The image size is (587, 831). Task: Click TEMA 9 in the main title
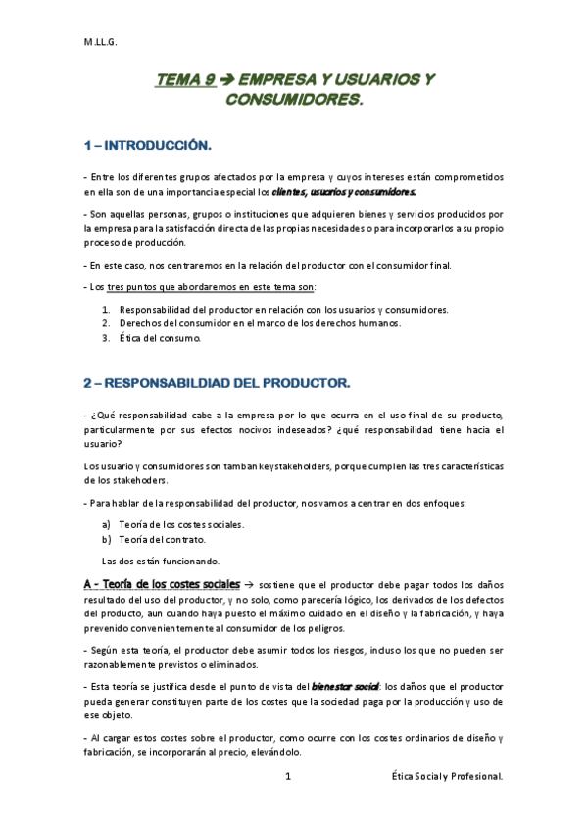pyautogui.click(x=184, y=82)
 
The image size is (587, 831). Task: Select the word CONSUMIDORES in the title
pyautogui.click(x=294, y=101)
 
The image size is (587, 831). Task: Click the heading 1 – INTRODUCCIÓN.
pyautogui.click(x=147, y=146)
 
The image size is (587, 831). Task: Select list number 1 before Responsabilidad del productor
pyautogui.click(x=106, y=310)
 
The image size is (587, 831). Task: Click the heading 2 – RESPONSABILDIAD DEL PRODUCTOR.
pyautogui.click(x=217, y=381)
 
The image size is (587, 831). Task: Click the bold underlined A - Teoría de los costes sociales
pyautogui.click(x=161, y=584)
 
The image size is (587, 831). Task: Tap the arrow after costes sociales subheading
pyautogui.click(x=249, y=585)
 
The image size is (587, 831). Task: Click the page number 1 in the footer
pyautogui.click(x=288, y=777)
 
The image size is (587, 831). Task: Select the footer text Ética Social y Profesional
pyautogui.click(x=446, y=777)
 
